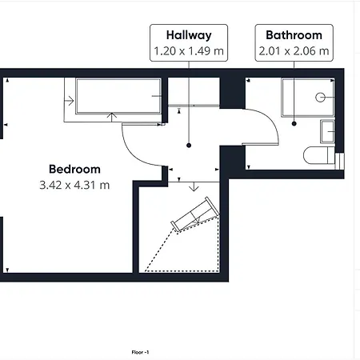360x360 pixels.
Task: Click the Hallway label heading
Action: [189, 35]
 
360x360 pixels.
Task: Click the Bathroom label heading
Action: [294, 35]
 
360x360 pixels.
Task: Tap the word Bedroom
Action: [74, 170]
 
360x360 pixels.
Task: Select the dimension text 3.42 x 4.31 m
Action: [74, 185]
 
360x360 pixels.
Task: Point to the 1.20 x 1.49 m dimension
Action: [189, 51]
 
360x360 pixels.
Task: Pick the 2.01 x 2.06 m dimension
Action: [294, 51]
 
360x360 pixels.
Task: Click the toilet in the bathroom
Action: [319, 155]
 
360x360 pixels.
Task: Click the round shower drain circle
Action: [320, 98]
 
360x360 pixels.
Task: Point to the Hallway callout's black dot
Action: [189, 146]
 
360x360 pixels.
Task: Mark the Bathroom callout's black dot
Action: [294, 123]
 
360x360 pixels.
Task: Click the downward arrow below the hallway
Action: [194, 186]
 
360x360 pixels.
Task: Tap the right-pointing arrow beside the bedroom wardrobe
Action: [69, 101]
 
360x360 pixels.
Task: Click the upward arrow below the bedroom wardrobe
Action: [112, 118]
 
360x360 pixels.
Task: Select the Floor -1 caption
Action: [140, 352]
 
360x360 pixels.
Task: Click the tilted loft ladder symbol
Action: [195, 214]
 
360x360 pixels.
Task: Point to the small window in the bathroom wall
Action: [339, 161]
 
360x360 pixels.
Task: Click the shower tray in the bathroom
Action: [308, 98]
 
